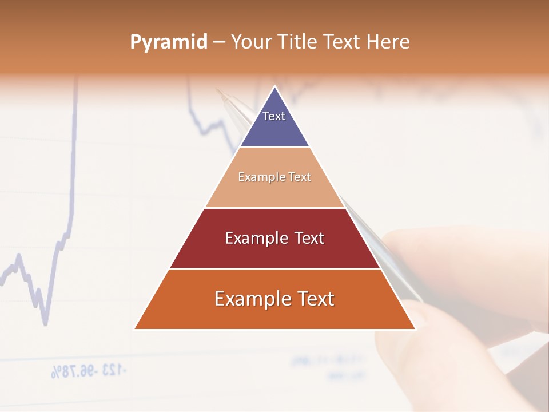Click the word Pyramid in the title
tap(169, 42)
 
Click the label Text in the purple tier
tap(274, 116)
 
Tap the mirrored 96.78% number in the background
tap(71, 371)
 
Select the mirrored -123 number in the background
tap(112, 370)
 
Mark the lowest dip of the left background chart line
tap(45, 324)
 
